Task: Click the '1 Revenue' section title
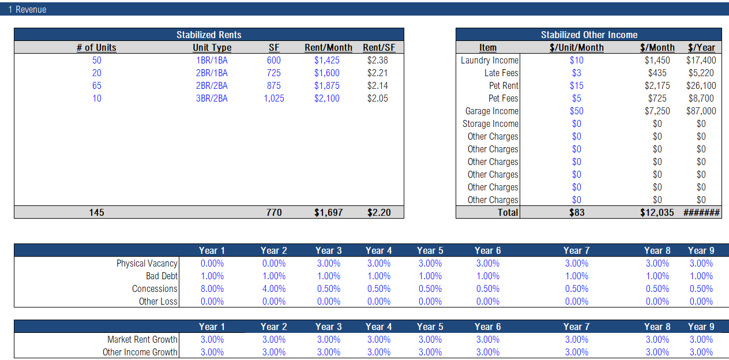(x=27, y=10)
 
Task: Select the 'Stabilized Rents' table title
(x=209, y=35)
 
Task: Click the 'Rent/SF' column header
(x=379, y=48)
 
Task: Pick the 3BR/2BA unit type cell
(x=212, y=99)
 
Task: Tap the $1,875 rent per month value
(x=327, y=86)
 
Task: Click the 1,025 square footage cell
(x=274, y=99)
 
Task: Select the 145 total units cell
(x=96, y=212)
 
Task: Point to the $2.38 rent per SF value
(x=377, y=61)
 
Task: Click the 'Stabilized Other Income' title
(x=589, y=35)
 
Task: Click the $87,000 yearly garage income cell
(x=701, y=111)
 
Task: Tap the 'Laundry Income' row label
(x=490, y=61)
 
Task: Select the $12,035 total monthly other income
(x=657, y=212)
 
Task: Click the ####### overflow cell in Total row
(x=701, y=212)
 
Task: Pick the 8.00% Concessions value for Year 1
(x=212, y=289)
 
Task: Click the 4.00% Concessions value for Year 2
(x=273, y=289)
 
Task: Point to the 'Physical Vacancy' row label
(x=147, y=264)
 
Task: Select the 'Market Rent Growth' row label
(x=142, y=340)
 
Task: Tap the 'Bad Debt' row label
(x=161, y=276)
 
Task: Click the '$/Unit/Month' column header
(x=577, y=48)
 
